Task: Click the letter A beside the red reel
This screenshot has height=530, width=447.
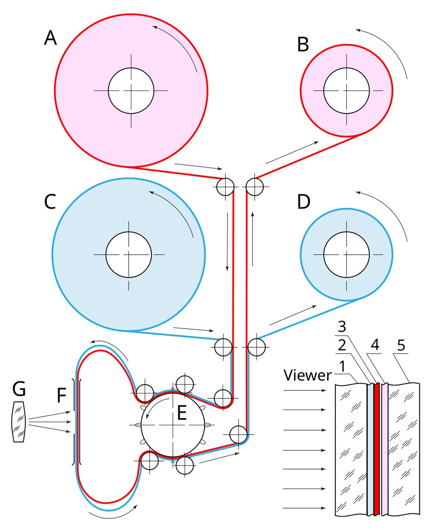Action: (51, 38)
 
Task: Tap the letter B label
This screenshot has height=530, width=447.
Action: (303, 44)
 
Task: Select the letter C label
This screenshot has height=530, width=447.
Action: (50, 202)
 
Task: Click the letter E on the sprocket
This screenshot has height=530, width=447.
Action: (182, 413)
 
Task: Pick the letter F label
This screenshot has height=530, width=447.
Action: (61, 395)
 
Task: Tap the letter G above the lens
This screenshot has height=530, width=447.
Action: (19, 389)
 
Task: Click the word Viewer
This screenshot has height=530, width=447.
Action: (307, 375)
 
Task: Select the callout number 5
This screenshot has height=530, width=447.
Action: (401, 346)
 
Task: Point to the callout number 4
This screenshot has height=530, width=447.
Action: (375, 345)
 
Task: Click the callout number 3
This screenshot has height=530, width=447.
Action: (342, 326)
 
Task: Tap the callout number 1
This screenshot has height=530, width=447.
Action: (342, 366)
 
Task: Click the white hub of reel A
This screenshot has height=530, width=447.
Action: (131, 90)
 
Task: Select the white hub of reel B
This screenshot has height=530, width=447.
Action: (346, 90)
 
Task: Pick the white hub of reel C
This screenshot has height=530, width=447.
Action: (129, 255)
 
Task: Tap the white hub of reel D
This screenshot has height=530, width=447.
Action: (346, 255)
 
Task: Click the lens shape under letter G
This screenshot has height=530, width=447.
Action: (19, 422)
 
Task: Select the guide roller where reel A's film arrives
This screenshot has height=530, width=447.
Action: (225, 187)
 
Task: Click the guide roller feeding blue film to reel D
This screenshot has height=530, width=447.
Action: (256, 347)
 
